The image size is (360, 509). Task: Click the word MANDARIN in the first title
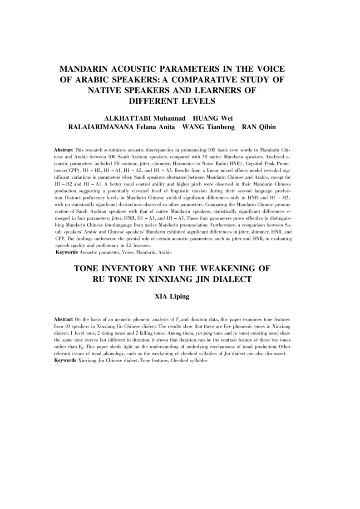coord(87,69)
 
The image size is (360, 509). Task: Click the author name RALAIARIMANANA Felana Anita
coord(121,127)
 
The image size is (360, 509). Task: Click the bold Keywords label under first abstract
coord(66,251)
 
